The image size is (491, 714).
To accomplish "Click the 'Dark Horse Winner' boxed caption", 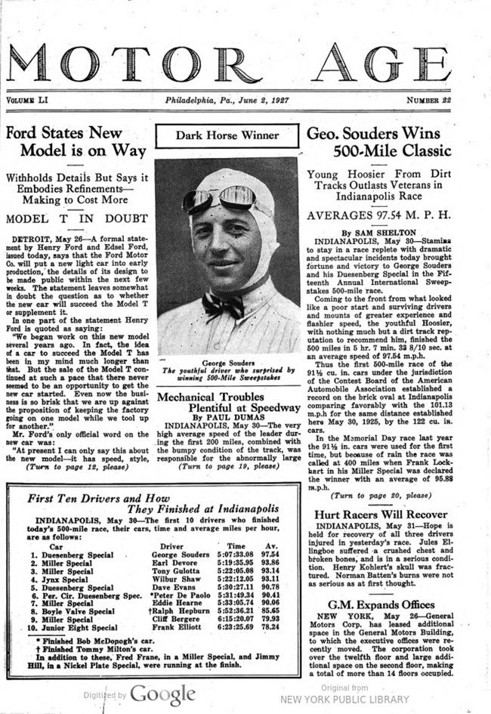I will click(x=227, y=136).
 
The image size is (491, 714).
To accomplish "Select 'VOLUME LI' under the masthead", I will click(x=30, y=100).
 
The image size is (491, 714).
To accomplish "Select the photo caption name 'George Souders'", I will click(x=227, y=363).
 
